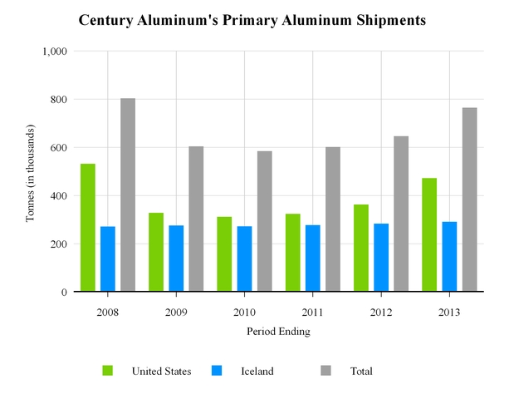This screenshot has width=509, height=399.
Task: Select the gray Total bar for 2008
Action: pyautogui.click(x=128, y=195)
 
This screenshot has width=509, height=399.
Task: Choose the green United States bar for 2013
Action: pyautogui.click(x=429, y=235)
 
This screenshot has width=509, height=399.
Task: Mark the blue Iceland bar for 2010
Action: pyautogui.click(x=244, y=259)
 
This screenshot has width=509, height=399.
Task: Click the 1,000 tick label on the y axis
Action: pyautogui.click(x=54, y=52)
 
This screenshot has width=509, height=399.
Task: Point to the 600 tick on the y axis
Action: pyautogui.click(x=58, y=148)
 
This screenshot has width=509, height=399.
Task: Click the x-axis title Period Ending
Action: pyautogui.click(x=278, y=331)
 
